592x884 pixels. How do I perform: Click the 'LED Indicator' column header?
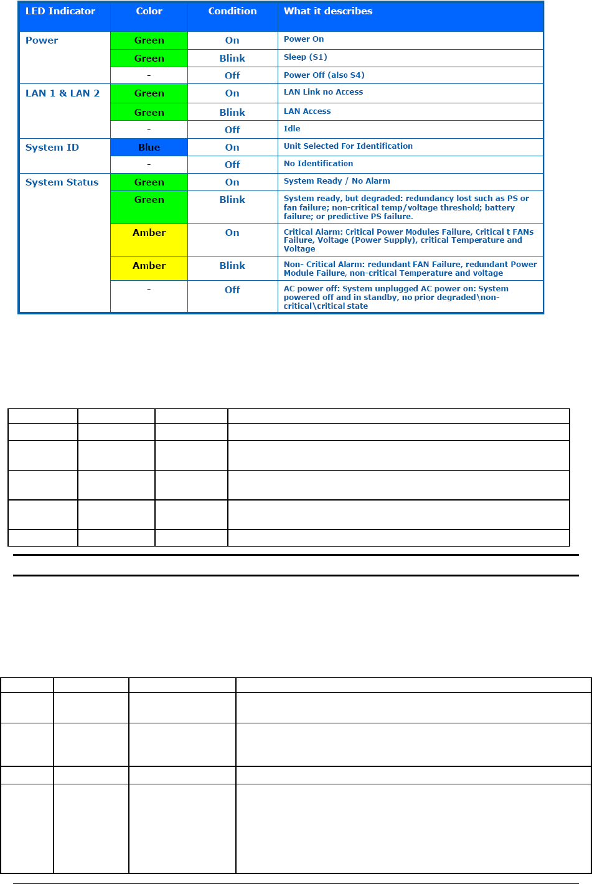60,11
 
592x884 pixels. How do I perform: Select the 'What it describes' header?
328,11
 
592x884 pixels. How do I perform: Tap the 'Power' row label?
42,40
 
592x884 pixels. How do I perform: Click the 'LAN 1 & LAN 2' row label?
62,93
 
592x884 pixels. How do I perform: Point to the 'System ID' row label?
52,148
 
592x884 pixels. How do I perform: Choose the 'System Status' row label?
62,182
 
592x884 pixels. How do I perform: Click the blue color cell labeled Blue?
149,148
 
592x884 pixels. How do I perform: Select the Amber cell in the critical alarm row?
149,240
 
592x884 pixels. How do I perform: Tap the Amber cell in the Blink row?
149,268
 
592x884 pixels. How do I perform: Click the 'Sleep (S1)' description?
305,57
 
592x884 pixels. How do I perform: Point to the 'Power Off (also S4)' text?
324,75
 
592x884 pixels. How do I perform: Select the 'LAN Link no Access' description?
323,92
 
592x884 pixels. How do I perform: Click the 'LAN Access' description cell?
307,111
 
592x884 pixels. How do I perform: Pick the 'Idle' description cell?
292,129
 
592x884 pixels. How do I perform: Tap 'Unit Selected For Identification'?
348,146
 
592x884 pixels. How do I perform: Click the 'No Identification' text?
318,164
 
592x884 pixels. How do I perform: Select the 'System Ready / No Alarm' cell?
337,181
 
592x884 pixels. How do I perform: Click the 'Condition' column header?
232,11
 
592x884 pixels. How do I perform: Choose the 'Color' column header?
149,11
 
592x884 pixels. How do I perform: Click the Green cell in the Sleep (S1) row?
149,59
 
